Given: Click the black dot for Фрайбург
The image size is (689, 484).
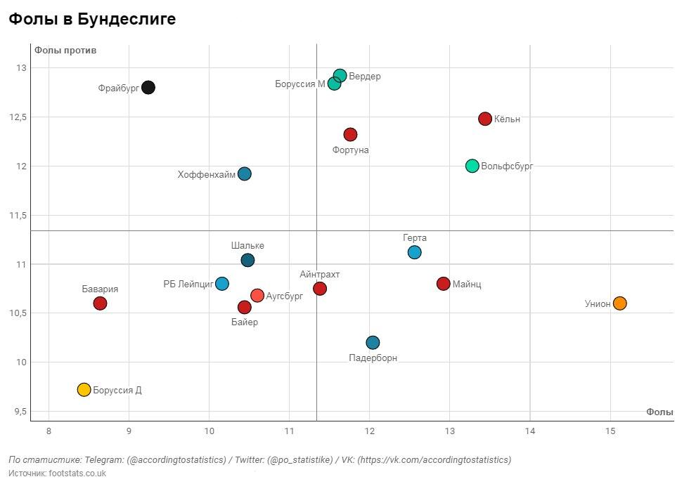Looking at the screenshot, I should (148, 88).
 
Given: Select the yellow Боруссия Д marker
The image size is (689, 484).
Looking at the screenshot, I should (84, 390).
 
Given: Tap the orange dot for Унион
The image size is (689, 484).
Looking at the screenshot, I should (619, 303).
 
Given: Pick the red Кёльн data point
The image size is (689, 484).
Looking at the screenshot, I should (484, 119).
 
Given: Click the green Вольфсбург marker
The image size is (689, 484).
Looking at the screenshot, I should (472, 166).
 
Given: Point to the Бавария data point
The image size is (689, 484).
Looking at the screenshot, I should (100, 303).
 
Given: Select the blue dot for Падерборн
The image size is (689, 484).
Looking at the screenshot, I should (373, 343).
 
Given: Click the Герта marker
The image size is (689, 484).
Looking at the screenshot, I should (414, 252).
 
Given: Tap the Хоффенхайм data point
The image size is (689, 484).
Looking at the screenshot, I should (244, 174).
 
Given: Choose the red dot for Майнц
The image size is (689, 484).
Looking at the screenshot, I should (443, 284).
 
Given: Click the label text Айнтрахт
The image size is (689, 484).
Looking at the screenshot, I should (319, 275).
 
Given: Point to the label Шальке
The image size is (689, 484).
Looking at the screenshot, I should (247, 246).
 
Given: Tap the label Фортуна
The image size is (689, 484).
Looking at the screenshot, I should (350, 150).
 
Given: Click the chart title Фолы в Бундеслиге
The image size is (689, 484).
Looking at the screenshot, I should (92, 20).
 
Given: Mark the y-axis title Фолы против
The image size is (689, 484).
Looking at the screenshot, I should (65, 51).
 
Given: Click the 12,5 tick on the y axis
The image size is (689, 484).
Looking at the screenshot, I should (17, 117).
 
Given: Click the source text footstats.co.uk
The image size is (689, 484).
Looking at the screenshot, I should (77, 473).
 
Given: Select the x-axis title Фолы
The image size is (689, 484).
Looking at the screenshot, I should (659, 412).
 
